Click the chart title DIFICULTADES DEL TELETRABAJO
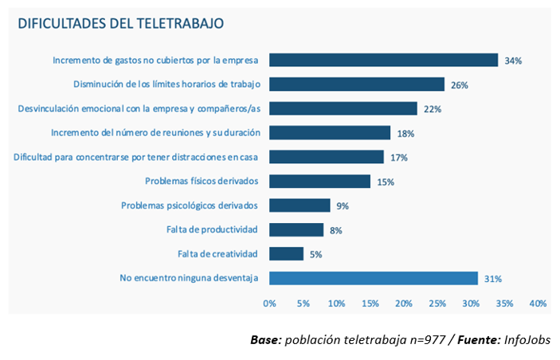click(121, 23)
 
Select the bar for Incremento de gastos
click(383, 60)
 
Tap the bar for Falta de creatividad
click(287, 254)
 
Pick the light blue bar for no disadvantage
click(374, 278)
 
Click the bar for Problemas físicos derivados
click(319, 181)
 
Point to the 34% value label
click(513, 61)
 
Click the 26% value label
click(459, 84)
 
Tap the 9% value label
click(343, 206)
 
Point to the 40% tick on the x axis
click(537, 303)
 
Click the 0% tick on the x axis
click(269, 303)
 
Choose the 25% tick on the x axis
click(437, 303)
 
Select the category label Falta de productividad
click(212, 229)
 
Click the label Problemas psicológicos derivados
click(190, 205)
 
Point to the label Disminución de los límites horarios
click(167, 84)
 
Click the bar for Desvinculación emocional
click(343, 108)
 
